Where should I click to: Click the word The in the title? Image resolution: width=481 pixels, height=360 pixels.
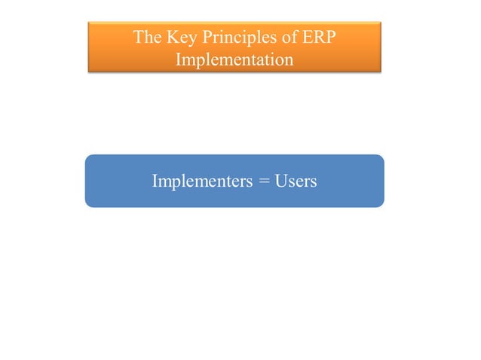[x=146, y=37]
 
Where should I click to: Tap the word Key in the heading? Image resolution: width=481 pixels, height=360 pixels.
[x=179, y=37]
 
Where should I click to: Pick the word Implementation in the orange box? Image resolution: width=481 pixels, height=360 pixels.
[x=234, y=59]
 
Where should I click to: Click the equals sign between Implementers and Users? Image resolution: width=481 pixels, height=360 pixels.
[x=264, y=182]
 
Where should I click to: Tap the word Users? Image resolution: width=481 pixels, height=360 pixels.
[x=296, y=182]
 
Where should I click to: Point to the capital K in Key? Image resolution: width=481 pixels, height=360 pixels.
[x=170, y=37]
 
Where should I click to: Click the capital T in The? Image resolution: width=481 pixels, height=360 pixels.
[x=139, y=37]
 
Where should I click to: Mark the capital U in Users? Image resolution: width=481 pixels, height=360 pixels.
[x=280, y=182]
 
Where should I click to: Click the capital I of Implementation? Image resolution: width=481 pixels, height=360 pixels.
[x=179, y=59]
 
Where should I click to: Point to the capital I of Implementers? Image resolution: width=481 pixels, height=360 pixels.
[x=155, y=182]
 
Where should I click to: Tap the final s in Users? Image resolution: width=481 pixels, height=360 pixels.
[x=313, y=182]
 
